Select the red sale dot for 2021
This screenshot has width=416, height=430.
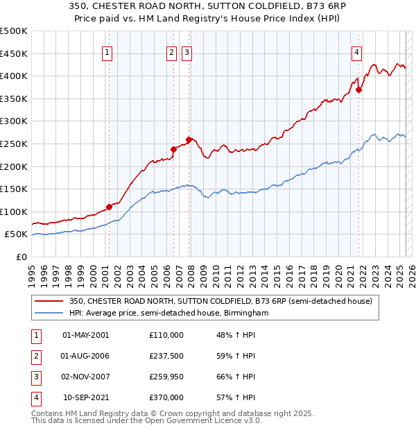[x=358, y=89]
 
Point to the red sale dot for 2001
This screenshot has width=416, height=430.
[x=109, y=207]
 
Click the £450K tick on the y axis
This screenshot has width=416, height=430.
[x=14, y=53]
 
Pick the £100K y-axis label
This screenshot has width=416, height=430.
[x=14, y=212]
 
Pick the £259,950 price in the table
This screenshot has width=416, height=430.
[x=166, y=377]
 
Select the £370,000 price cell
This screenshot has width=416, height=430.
[x=166, y=398]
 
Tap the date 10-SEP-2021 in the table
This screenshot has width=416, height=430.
[x=85, y=398]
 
